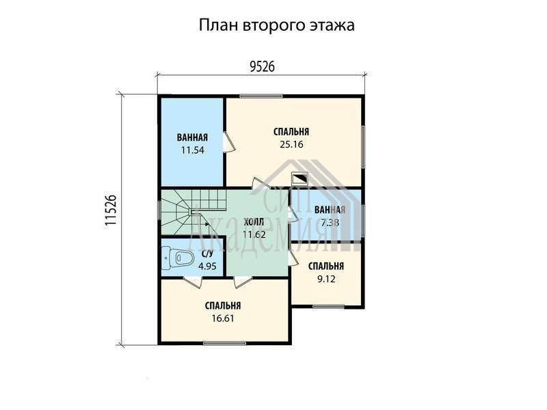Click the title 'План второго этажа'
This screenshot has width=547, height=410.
coord(277,25)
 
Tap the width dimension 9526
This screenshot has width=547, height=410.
coord(263,66)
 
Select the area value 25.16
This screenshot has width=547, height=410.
coord(291,144)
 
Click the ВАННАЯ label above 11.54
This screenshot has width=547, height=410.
coord(192,137)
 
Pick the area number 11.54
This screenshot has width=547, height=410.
coord(192,150)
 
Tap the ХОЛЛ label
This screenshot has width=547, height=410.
coord(254,221)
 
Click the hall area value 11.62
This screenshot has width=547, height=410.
coord(254,234)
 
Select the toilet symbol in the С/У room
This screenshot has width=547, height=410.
coord(178,258)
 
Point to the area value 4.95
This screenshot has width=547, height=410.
coord(207,266)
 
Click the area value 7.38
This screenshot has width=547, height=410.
coord(330,223)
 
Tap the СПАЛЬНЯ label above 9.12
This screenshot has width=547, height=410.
coord(326,266)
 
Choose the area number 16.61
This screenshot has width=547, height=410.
coord(223,318)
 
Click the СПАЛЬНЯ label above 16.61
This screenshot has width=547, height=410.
coord(223,305)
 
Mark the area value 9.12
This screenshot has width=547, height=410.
coord(326,279)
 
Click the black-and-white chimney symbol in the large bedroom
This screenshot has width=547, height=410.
coord(299,179)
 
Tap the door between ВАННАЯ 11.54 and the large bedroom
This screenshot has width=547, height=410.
coord(229,142)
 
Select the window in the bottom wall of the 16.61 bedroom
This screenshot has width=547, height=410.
coord(225,344)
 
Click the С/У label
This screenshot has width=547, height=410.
coord(207,254)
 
